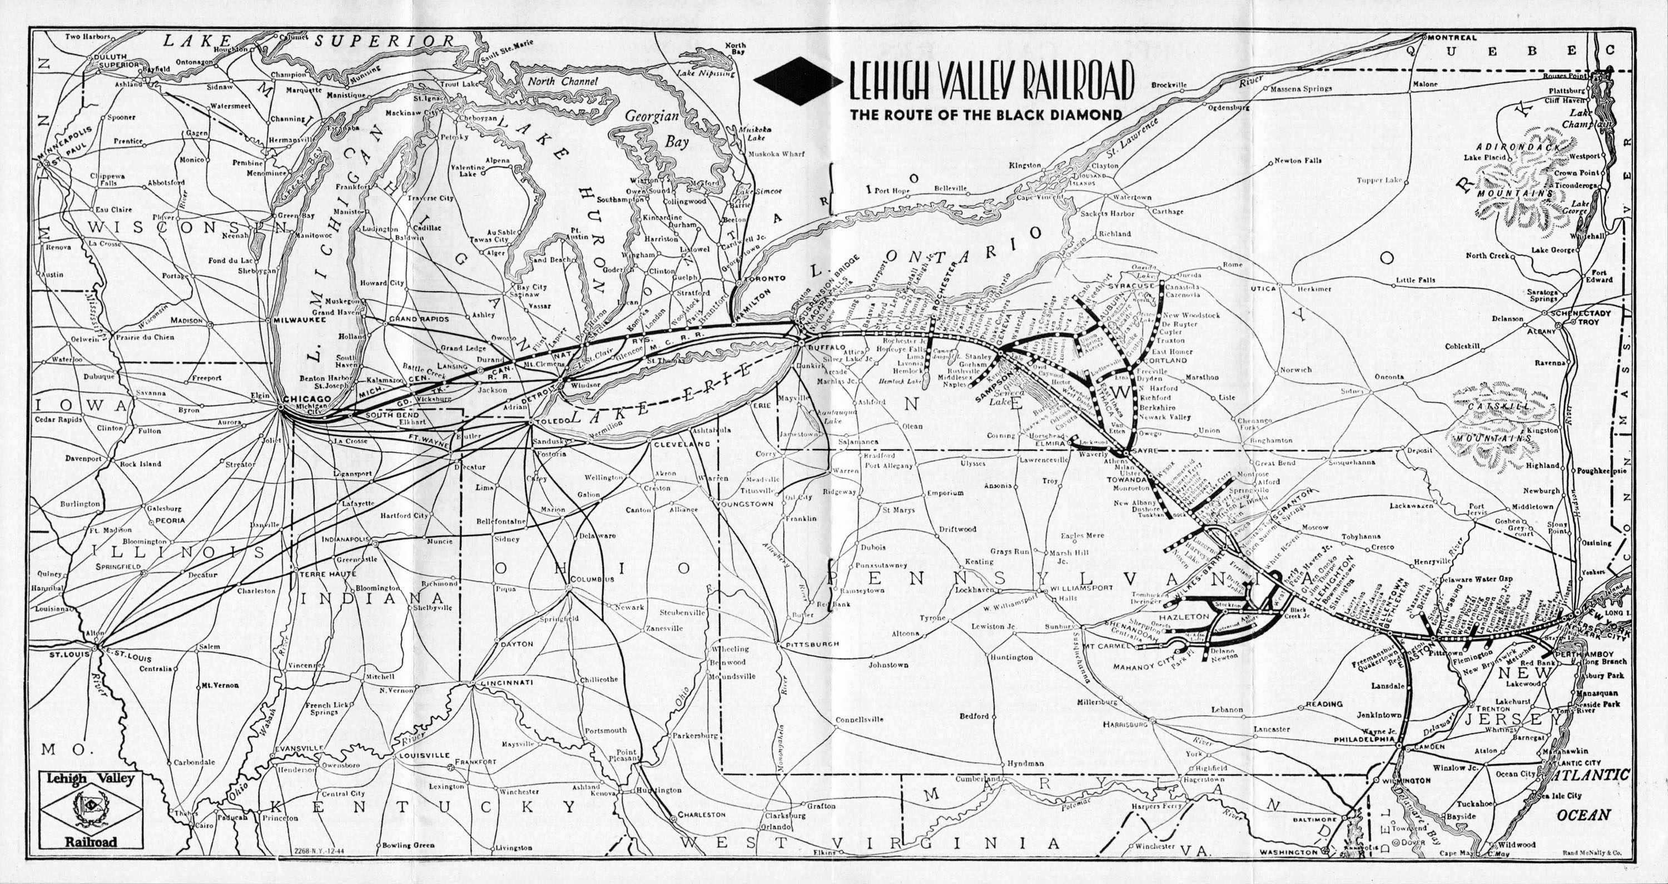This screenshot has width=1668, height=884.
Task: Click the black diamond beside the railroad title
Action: coord(798,81)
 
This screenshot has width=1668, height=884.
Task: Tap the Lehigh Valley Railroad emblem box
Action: coord(91,808)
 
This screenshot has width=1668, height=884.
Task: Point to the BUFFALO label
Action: coord(818,347)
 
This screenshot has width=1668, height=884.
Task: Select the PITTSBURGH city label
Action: coord(812,645)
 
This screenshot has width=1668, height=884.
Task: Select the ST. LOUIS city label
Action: coord(69,655)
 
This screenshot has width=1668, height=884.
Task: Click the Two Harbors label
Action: coord(88,37)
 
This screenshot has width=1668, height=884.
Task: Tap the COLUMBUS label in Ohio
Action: coord(591,579)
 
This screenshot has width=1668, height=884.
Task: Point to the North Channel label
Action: coord(562,82)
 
